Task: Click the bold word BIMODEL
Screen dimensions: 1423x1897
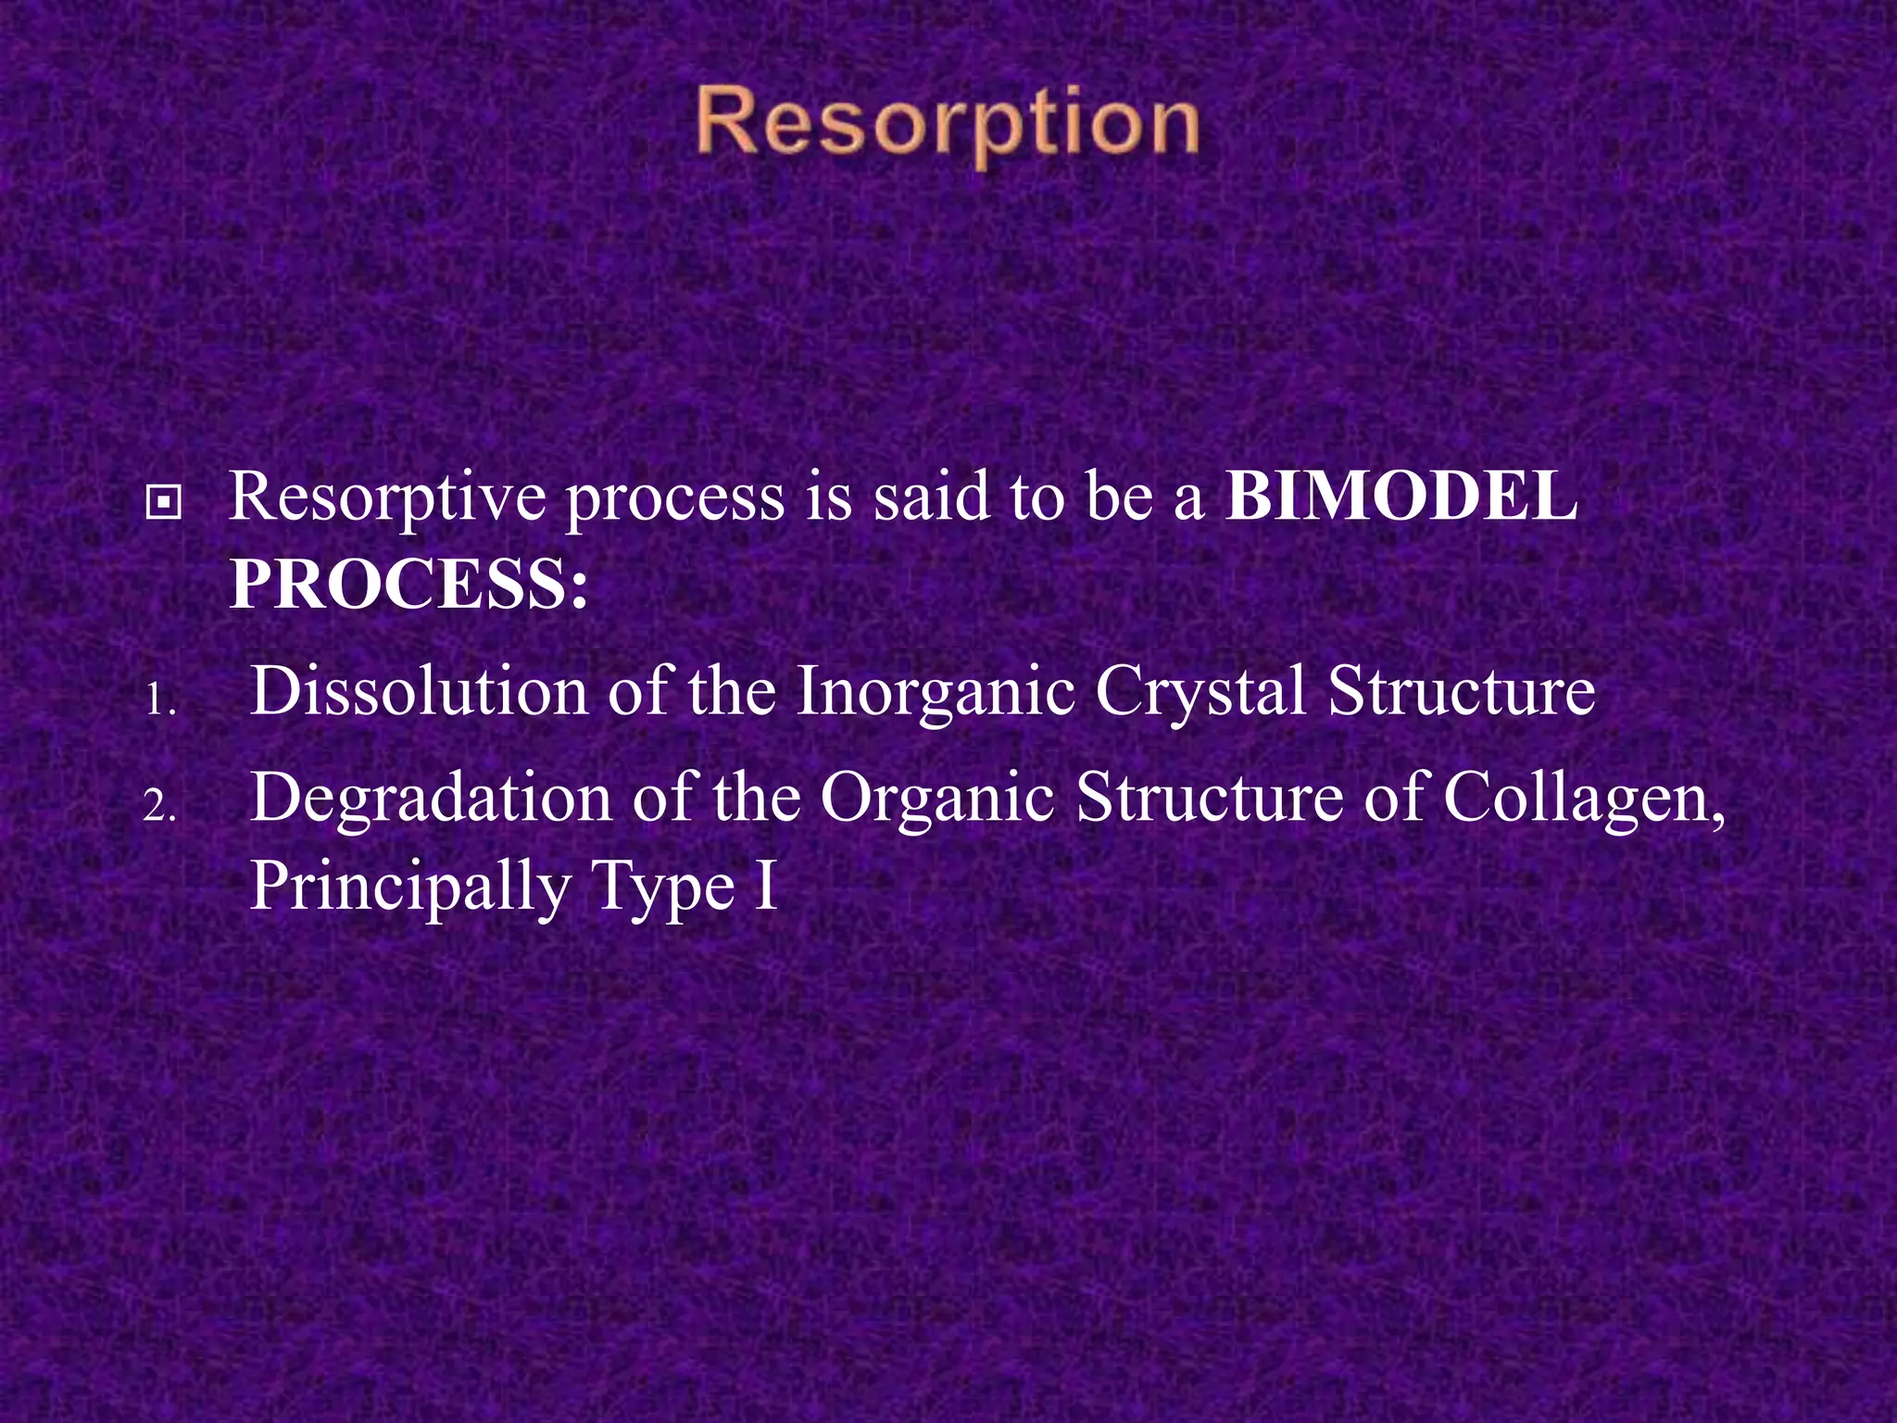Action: point(1401,497)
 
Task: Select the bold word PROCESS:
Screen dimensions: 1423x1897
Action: point(408,585)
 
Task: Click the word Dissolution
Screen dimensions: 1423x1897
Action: point(419,691)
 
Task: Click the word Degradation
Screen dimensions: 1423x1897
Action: point(431,798)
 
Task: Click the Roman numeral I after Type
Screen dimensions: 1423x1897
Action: point(767,886)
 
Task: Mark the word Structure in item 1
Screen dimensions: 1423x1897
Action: point(1461,691)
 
